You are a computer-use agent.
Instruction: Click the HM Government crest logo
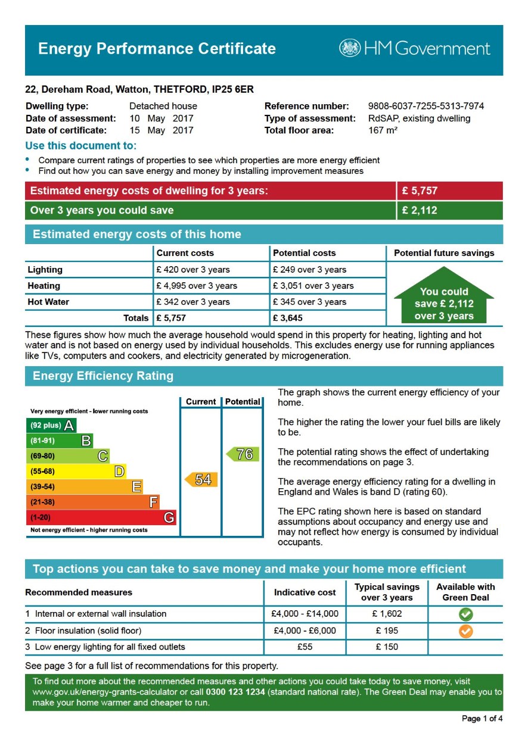point(350,48)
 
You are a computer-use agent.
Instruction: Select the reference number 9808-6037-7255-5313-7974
point(425,107)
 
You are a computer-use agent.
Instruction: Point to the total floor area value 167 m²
point(383,130)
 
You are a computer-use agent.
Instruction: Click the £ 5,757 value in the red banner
point(420,191)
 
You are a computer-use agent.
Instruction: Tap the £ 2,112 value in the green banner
point(420,210)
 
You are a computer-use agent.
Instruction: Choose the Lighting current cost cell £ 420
point(192,270)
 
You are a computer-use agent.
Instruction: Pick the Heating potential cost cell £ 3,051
point(313,286)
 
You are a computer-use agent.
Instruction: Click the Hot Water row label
point(48,302)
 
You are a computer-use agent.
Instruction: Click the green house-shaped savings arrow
point(444,296)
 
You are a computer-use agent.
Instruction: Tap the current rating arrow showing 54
point(201,479)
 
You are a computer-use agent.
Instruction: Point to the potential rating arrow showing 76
point(243,454)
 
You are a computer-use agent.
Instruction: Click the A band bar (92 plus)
point(52,425)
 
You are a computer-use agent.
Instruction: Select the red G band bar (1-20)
point(101,517)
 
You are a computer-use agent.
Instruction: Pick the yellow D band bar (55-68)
point(77,472)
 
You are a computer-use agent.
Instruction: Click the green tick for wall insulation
point(465,614)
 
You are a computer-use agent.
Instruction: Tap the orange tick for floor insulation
point(465,630)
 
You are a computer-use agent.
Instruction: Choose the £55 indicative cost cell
point(305,647)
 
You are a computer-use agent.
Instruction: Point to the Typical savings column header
point(387,592)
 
